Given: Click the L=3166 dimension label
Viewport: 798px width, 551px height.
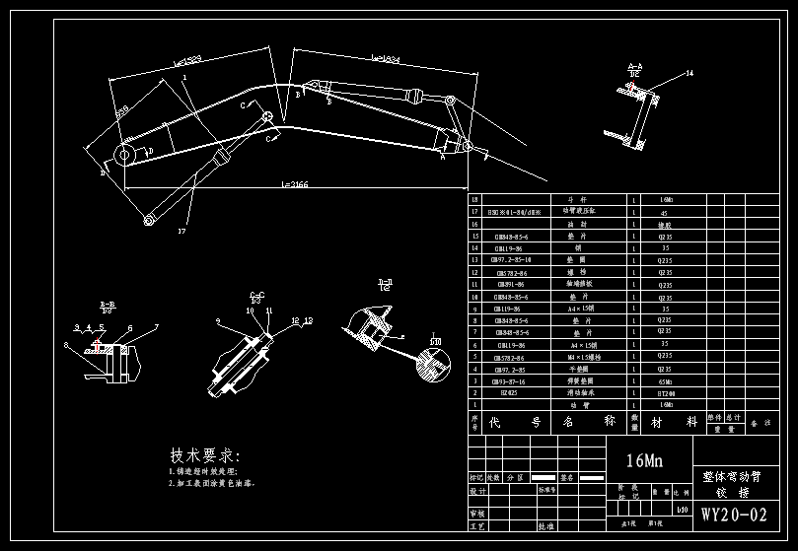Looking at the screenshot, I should pos(295,184).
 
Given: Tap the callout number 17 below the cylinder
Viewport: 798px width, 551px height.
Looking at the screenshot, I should pos(181,231).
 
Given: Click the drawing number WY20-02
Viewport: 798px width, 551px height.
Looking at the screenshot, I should pos(734,515).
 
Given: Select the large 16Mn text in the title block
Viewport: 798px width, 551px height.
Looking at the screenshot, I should pos(644,460).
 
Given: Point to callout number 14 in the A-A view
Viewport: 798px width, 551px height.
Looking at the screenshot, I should pos(689,73).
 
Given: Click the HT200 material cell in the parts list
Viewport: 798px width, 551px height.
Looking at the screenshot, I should pos(667,392).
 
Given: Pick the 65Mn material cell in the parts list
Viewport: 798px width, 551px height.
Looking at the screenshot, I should pos(667,380).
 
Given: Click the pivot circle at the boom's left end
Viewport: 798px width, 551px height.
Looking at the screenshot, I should pos(125,155).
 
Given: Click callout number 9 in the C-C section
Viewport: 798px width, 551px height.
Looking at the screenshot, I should pos(218,320).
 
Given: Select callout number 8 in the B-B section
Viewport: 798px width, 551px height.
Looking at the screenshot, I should pos(66,344).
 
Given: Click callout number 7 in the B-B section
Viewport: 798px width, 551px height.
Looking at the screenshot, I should pos(155,326).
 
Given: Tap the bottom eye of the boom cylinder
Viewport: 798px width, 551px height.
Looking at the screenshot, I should pos(149,219).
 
